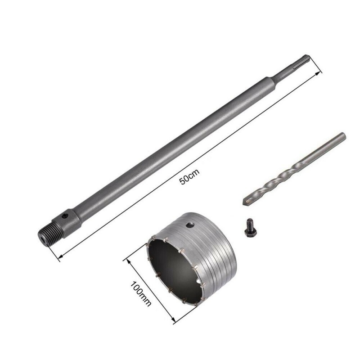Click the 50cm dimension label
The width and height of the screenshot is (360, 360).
pyautogui.click(x=189, y=176)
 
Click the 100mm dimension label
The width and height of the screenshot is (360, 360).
pyautogui.click(x=141, y=294)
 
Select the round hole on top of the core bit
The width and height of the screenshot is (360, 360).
pyautogui.click(x=190, y=225)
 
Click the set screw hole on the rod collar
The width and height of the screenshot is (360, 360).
pyautogui.click(x=66, y=216)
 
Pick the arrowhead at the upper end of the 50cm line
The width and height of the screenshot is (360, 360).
pyautogui.click(x=317, y=73)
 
